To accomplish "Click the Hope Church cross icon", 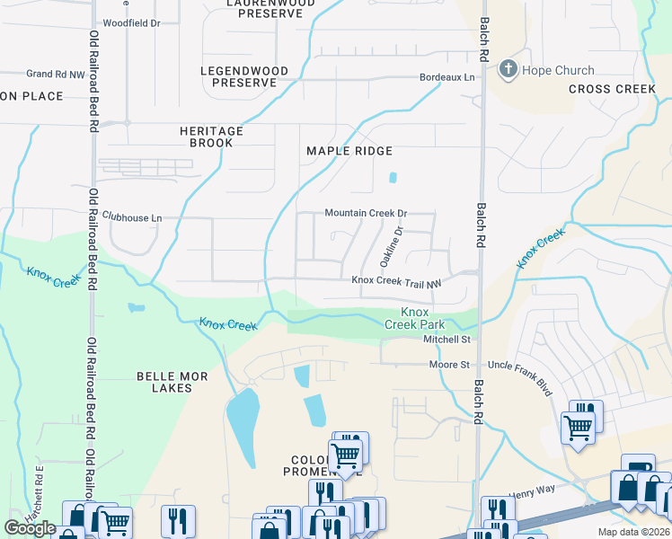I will tap(508, 70).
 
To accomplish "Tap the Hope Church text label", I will tap(560, 70).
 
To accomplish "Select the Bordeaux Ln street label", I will tap(447, 77).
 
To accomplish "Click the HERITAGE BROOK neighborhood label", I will tap(211, 137).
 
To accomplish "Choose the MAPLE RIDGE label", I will tap(349, 151).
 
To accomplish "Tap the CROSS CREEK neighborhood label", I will tap(612, 89).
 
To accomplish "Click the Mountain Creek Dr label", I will tap(366, 214).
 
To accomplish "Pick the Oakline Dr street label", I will tap(390, 246).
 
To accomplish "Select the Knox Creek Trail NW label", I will tap(396, 280).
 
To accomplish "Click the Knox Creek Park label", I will tap(415, 318).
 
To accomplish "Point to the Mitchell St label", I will tap(447, 340).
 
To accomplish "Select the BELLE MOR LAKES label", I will tap(164, 382).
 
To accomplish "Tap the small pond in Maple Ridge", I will tap(393, 177).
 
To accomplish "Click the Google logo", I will tap(30, 528).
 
